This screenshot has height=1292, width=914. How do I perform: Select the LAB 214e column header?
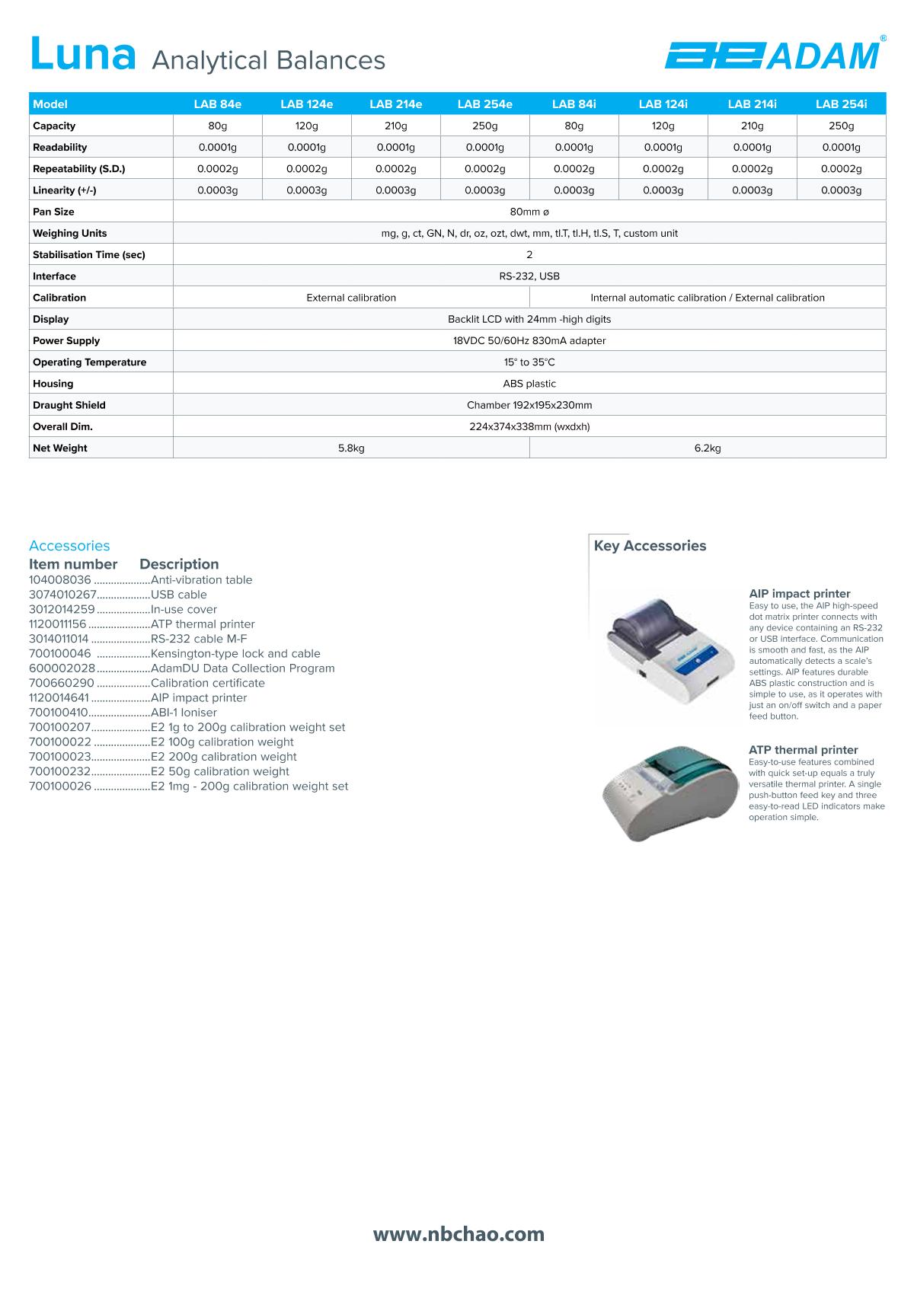[395, 104]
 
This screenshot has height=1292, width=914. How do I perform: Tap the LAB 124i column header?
[663, 104]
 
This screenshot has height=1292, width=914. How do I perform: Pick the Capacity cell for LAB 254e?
[484, 126]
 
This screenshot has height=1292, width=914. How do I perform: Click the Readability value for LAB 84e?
[217, 148]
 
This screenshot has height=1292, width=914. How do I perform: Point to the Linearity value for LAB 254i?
[841, 190]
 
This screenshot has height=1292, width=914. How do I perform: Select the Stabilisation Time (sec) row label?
[88, 255]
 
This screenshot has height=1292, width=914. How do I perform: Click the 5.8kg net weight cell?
[351, 448]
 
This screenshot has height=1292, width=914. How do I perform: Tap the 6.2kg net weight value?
[707, 448]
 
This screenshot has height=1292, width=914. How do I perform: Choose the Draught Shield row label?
[69, 405]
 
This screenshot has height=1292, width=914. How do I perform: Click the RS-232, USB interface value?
[529, 276]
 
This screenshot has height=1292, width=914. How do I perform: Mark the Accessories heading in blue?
[69, 546]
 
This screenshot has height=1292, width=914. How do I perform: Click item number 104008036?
[59, 580]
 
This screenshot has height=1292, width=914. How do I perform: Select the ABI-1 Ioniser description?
[184, 713]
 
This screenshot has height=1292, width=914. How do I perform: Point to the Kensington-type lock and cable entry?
[235, 654]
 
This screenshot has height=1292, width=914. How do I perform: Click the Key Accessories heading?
[650, 546]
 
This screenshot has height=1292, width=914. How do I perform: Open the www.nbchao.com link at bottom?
[459, 1234]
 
